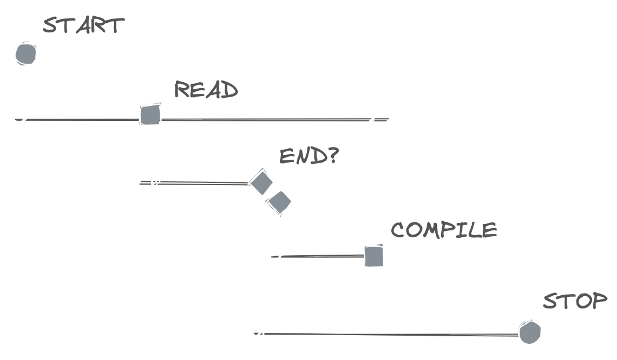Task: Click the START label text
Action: click(84, 25)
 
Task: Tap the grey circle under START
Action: click(25, 54)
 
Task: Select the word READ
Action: click(206, 90)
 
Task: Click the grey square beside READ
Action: click(150, 114)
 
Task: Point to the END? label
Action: click(308, 156)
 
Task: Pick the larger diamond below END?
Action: click(261, 182)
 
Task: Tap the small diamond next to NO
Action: click(280, 201)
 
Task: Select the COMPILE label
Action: click(444, 230)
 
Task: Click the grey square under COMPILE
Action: click(374, 256)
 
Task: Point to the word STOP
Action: click(575, 302)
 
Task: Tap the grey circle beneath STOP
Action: click(530, 333)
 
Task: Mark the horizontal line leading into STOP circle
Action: click(394, 334)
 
